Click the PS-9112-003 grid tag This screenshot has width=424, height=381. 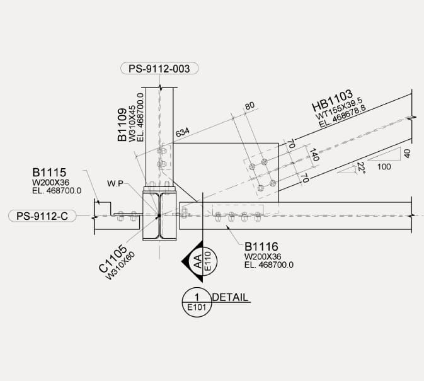coord(159,68)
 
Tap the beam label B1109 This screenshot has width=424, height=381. coord(122,125)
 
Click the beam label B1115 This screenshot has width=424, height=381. coord(50,171)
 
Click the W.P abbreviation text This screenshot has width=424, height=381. coord(115,184)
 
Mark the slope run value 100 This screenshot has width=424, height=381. coord(383,167)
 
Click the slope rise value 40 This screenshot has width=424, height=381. coord(406,153)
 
